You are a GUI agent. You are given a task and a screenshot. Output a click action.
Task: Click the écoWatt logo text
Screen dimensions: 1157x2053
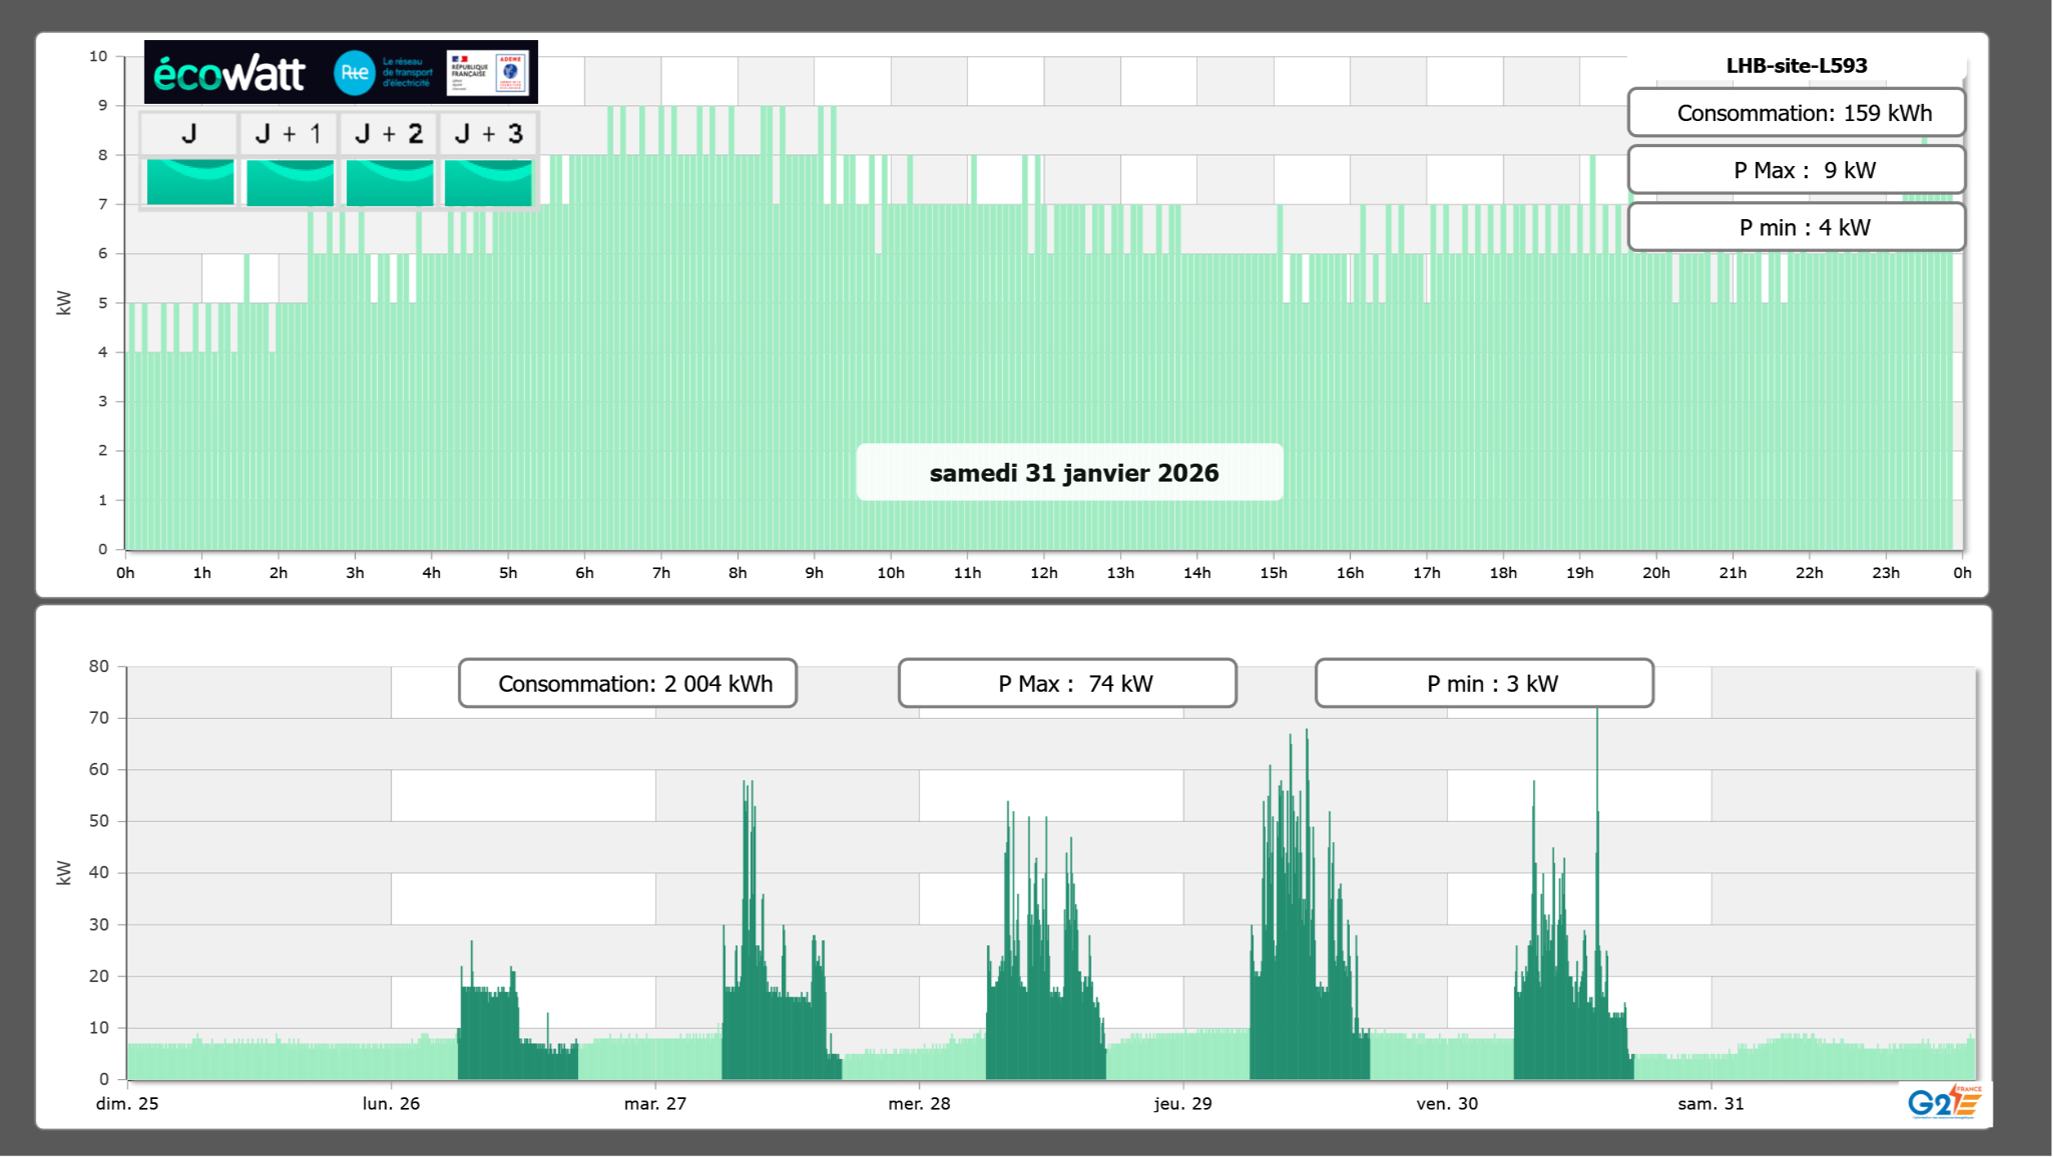tap(229, 74)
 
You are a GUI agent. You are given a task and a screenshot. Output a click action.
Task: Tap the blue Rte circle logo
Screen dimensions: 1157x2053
tap(354, 73)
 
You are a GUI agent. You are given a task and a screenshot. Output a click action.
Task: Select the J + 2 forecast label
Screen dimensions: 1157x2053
tap(389, 133)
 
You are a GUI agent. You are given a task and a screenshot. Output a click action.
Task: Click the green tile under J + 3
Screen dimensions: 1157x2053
tap(488, 182)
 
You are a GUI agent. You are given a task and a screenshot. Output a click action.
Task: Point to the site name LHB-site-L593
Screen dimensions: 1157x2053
tap(1796, 65)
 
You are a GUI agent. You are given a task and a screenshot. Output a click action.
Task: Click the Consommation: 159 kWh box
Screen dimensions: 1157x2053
tap(1796, 113)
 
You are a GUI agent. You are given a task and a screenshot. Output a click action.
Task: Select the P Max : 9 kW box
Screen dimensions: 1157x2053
tap(1796, 170)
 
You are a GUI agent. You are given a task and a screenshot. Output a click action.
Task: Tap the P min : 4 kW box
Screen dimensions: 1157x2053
tap(1796, 227)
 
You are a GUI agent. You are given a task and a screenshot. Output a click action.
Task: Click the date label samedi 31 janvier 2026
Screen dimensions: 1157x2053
tap(1074, 473)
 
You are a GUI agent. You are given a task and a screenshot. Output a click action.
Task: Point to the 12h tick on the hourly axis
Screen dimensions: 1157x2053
tap(1043, 572)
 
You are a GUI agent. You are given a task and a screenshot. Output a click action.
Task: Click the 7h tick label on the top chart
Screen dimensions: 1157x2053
tap(661, 572)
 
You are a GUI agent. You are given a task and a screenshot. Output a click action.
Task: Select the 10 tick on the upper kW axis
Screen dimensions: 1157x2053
tap(98, 56)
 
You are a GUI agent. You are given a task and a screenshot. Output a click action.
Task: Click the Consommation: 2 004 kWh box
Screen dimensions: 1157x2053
tap(628, 684)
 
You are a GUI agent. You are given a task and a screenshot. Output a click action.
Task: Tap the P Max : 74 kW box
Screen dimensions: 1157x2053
tap(1067, 684)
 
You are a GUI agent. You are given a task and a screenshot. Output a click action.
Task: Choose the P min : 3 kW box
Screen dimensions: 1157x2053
tap(1484, 684)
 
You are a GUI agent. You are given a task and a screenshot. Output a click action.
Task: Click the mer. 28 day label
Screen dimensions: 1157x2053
tap(919, 1103)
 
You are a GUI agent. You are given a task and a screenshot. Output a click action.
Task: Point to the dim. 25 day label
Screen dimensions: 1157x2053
tap(127, 1103)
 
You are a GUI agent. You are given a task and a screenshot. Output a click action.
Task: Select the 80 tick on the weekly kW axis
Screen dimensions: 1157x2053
tap(99, 666)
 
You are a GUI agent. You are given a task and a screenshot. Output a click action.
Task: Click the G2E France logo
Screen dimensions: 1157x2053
tap(1943, 1101)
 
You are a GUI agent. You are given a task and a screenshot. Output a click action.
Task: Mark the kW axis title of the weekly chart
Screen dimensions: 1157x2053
tap(64, 872)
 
